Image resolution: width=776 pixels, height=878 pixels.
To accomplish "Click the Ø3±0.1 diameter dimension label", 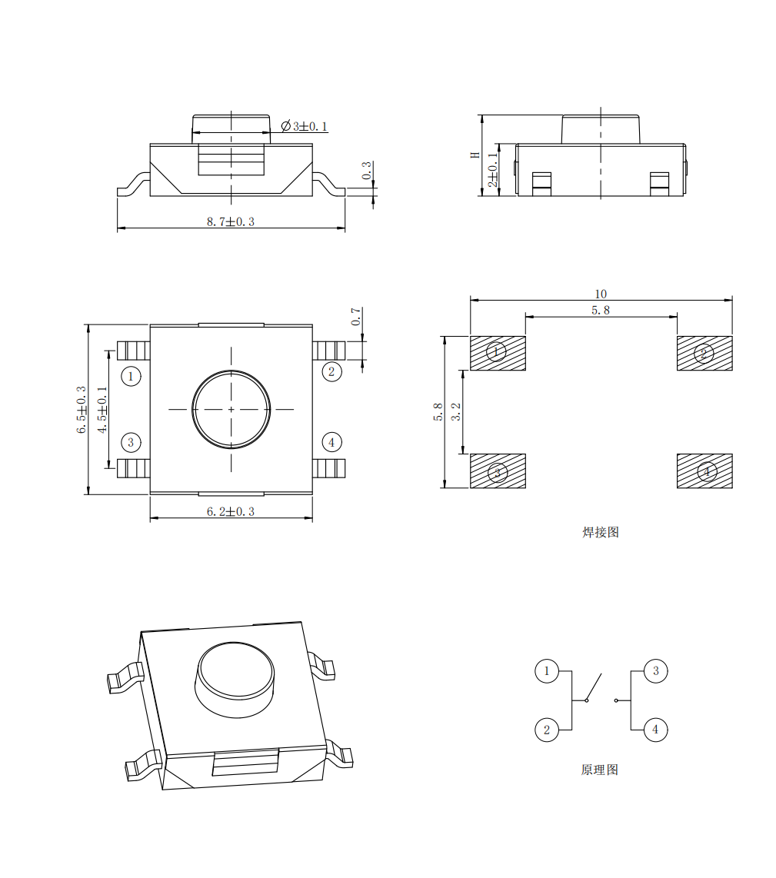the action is point(305,126).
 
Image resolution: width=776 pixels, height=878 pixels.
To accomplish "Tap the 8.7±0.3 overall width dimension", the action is point(230,221).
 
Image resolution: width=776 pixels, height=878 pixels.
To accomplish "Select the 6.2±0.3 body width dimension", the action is point(230,512).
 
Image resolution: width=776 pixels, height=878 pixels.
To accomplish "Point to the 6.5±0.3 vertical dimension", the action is point(82,409).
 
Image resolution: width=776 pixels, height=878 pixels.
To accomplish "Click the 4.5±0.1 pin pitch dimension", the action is point(102,409).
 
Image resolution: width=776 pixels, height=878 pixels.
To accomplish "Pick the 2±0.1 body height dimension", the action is point(493,170).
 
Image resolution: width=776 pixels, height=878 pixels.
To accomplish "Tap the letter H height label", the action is point(475,155).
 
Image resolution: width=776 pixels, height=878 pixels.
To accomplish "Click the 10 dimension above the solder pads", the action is point(601,294).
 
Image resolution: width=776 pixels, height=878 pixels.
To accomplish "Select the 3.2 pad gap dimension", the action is point(456,411).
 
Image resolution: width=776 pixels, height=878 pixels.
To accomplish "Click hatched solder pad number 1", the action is point(498,354).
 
